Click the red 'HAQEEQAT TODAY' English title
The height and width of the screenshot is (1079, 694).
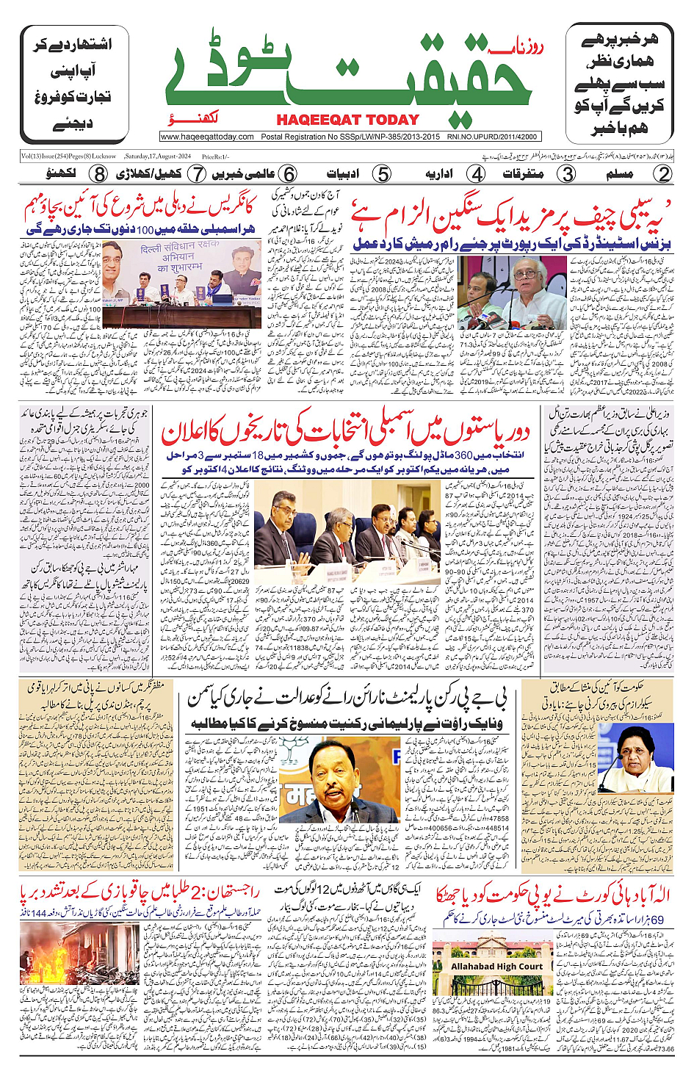(x=347, y=120)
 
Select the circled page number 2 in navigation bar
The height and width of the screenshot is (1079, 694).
(x=663, y=174)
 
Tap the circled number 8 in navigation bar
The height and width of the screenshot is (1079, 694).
(x=99, y=174)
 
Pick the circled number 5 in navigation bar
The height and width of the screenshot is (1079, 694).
(x=382, y=174)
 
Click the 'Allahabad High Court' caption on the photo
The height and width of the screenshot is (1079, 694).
(x=496, y=967)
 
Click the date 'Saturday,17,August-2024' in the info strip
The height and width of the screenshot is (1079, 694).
(x=158, y=156)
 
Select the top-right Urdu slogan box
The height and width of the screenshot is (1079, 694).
(x=619, y=84)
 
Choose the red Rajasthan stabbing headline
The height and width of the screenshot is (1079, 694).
(x=140, y=894)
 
